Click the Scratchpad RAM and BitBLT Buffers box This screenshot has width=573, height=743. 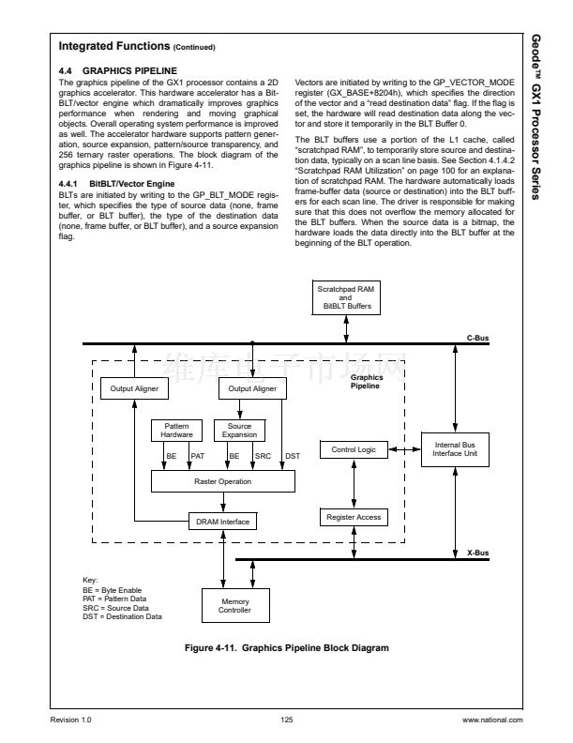(346, 298)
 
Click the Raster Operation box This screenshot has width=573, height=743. (222, 480)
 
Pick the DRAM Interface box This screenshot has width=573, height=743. (222, 520)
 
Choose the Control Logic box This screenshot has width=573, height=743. (354, 450)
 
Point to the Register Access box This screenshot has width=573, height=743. (354, 517)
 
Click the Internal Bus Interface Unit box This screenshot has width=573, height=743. (455, 448)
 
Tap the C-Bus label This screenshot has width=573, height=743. (477, 337)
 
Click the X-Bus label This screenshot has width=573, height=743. (477, 553)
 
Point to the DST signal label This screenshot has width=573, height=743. (292, 456)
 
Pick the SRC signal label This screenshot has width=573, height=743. (263, 456)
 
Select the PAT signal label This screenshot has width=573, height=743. (198, 456)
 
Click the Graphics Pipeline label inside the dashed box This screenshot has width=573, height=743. (366, 382)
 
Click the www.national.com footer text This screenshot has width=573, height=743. (492, 720)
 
